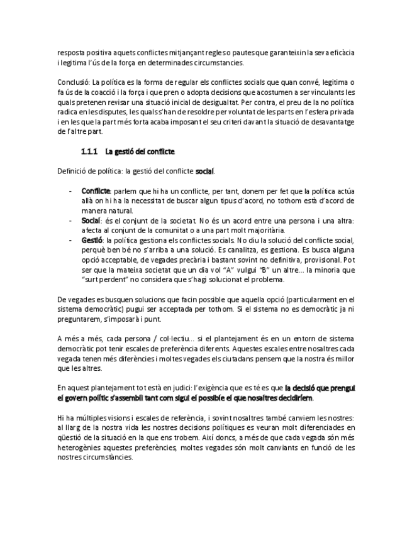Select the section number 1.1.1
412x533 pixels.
(89, 151)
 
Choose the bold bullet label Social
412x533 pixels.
(91, 221)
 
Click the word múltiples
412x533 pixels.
(89, 418)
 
